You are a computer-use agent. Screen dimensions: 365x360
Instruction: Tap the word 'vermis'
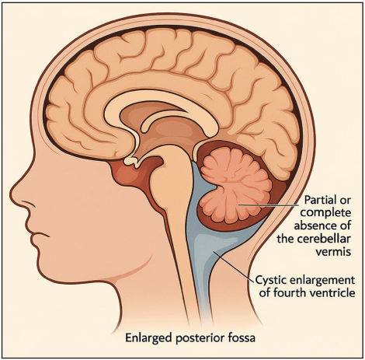[334, 251]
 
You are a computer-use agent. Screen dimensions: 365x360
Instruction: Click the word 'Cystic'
[271, 280]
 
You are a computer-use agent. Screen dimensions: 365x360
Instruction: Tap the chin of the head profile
[45, 271]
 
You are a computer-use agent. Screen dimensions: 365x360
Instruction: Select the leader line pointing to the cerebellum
[268, 205]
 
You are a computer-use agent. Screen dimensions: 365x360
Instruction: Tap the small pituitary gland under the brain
[131, 162]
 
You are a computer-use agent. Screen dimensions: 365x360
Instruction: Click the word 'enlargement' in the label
[322, 281]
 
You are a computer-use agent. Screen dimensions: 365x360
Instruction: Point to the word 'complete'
[325, 214]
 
